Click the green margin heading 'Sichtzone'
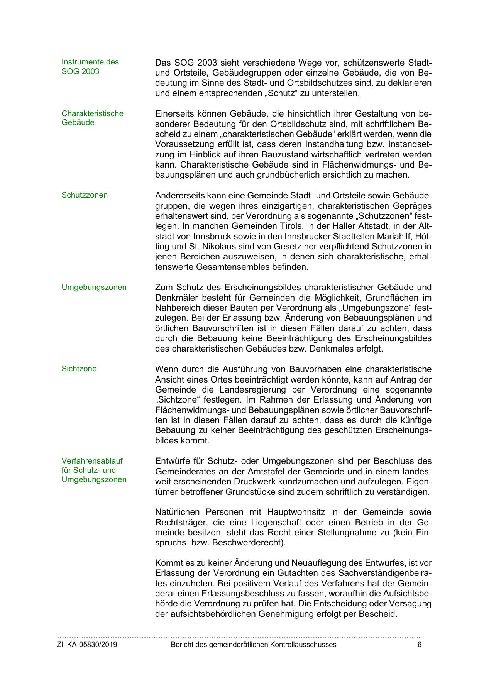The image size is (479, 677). click(x=79, y=369)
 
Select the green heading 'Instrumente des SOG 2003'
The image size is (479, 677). click(x=90, y=66)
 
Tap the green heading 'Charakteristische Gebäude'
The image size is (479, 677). click(x=92, y=118)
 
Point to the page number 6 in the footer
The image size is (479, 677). click(x=419, y=645)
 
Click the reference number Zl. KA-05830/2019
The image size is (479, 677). click(x=87, y=645)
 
